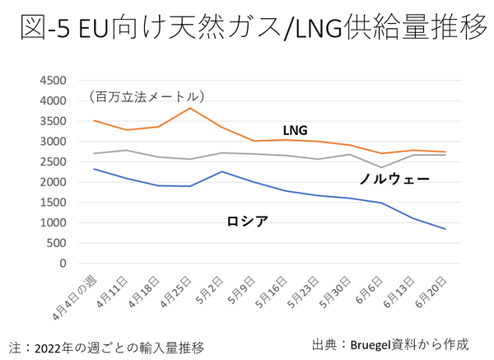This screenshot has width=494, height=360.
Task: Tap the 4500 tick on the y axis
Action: [54, 81]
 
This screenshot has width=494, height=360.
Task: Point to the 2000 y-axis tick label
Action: [54, 182]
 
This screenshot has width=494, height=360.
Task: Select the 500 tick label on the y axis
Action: [58, 243]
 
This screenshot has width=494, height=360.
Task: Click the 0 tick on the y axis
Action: [63, 264]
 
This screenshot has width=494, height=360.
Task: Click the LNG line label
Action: [296, 130]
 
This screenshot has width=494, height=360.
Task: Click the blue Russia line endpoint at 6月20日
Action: [445, 229]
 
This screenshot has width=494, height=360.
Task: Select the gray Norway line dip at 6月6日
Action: [381, 167]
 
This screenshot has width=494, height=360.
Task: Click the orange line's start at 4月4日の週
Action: [96, 121]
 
